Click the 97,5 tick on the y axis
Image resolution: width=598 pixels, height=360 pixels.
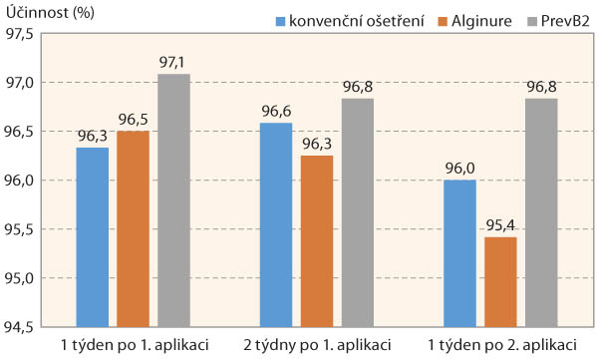point(20,34)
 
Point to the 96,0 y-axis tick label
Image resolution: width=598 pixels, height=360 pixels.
point(20,180)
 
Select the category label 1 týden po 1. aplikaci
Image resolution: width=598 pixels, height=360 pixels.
point(133,346)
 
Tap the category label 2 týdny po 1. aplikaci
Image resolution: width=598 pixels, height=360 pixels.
point(316,346)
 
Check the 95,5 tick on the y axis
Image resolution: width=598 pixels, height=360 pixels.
point(20,229)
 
